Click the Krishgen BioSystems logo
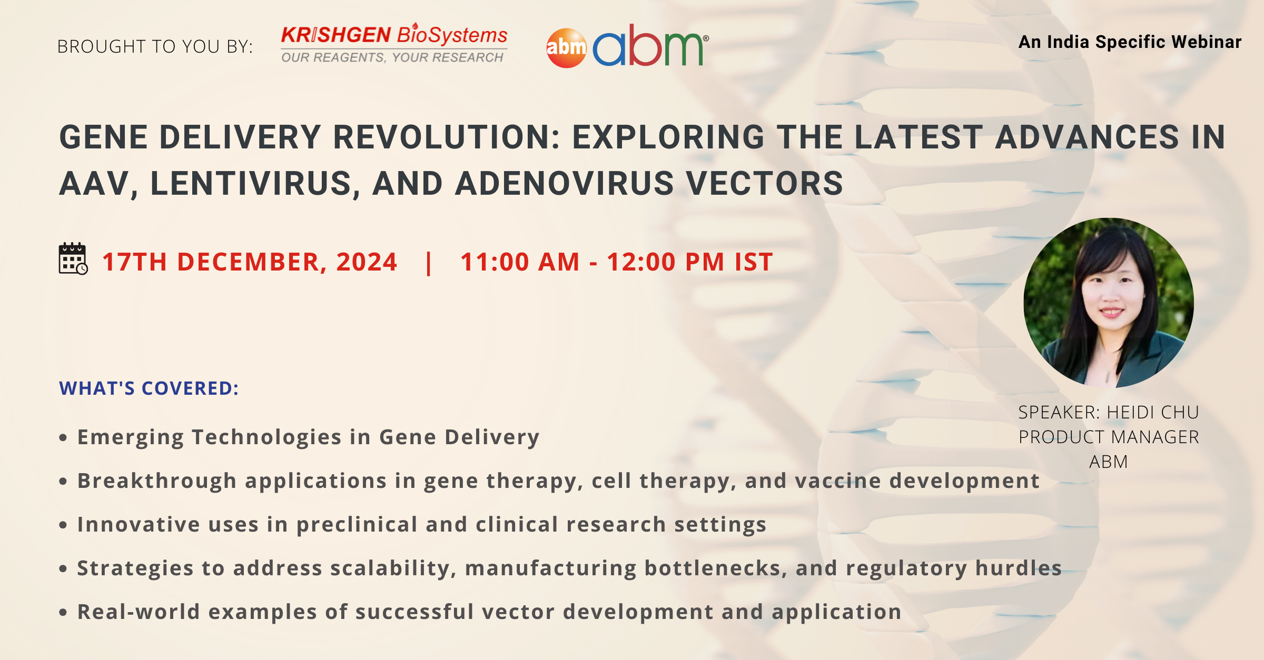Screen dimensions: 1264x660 (x=394, y=44)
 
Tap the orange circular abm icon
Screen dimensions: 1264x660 (x=566, y=48)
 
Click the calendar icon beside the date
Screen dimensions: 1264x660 (x=73, y=259)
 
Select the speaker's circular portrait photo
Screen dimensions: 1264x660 (x=1109, y=303)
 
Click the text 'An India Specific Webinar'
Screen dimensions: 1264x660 (x=1130, y=42)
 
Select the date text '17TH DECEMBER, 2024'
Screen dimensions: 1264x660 (x=250, y=262)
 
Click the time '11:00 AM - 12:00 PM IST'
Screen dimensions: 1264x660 (x=617, y=262)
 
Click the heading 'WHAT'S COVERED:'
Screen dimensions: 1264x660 (x=149, y=388)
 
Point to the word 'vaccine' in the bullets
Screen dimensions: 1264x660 (x=838, y=481)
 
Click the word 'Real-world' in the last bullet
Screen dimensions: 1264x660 (x=139, y=612)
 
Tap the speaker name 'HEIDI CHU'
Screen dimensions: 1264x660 (x=1153, y=413)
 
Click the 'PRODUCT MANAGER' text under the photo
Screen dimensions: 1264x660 (x=1109, y=437)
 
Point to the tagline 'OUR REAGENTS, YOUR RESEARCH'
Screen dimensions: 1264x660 (x=392, y=57)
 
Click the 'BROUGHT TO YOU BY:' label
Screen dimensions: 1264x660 (x=155, y=47)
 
